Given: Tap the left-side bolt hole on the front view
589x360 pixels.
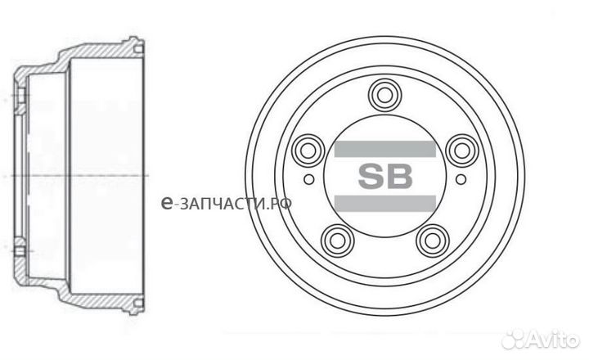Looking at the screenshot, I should tap(308, 151).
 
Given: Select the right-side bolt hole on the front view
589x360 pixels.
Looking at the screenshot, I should tap(461, 151).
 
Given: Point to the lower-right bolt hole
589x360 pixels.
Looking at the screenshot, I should tap(431, 240).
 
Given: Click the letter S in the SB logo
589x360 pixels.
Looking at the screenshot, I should tap(369, 176).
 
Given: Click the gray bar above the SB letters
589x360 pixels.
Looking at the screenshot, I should tap(384, 149).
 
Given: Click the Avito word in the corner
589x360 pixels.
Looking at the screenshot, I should tap(556, 338).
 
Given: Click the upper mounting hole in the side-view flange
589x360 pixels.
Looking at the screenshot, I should tap(20, 100).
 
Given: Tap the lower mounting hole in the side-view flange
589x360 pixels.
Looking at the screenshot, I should tap(20, 249).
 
